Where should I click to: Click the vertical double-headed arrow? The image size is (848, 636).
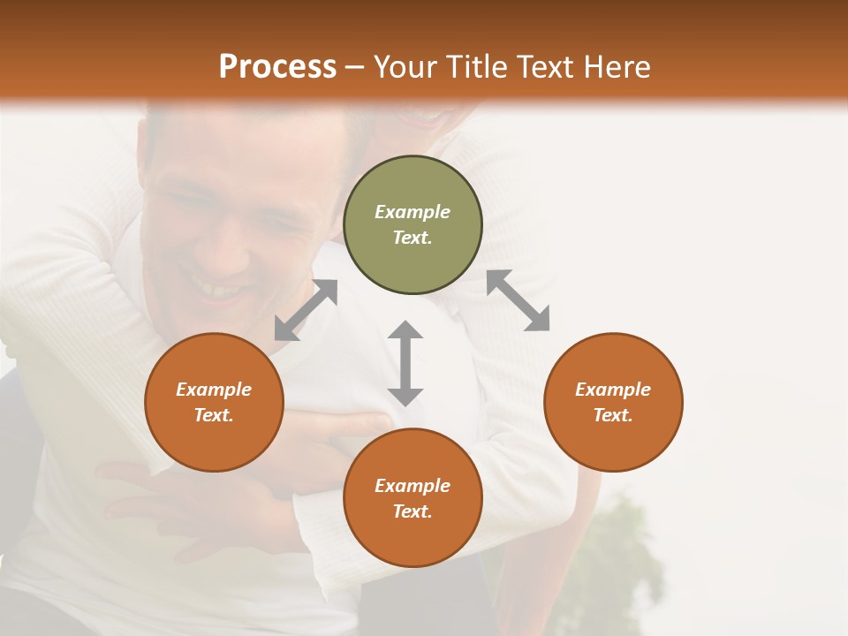(x=405, y=363)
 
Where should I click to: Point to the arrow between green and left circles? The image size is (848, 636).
(x=306, y=310)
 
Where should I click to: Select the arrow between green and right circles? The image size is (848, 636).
(x=519, y=300)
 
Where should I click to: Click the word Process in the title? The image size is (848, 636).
(x=277, y=66)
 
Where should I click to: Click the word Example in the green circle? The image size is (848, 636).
(x=413, y=212)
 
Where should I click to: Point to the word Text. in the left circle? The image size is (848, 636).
(x=214, y=415)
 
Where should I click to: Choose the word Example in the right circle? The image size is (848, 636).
(x=613, y=390)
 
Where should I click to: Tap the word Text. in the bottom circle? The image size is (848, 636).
(x=413, y=511)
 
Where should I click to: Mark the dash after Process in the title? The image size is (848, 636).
(x=355, y=68)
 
